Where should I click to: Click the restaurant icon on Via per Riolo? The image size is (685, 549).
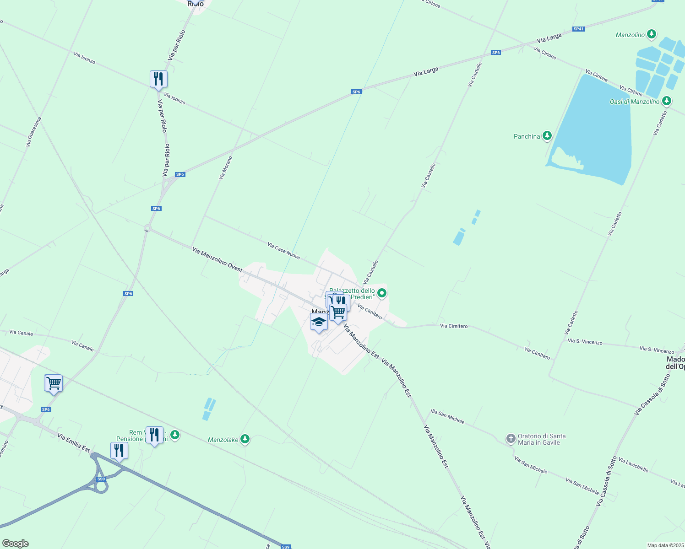click(158, 79)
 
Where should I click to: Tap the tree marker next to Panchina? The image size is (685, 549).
click(547, 136)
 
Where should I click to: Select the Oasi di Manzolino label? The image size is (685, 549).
click(634, 102)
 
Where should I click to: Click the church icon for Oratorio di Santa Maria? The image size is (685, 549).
click(511, 439)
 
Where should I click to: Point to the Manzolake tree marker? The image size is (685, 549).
click(245, 439)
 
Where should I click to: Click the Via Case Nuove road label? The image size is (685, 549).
click(283, 251)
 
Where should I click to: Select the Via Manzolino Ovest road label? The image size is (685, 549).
click(217, 259)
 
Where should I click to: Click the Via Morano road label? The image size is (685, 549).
click(225, 167)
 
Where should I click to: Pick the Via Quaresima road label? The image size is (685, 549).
click(33, 132)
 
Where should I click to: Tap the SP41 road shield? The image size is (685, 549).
click(579, 29)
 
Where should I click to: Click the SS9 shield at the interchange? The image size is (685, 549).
click(101, 479)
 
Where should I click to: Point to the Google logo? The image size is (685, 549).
click(15, 544)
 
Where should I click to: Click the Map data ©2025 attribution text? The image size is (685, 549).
click(665, 545)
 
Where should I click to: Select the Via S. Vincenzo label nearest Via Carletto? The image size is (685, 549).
click(585, 341)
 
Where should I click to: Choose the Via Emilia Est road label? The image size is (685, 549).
click(74, 443)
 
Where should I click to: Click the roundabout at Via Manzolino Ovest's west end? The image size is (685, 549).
click(147, 228)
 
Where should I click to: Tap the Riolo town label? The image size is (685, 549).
click(196, 4)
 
